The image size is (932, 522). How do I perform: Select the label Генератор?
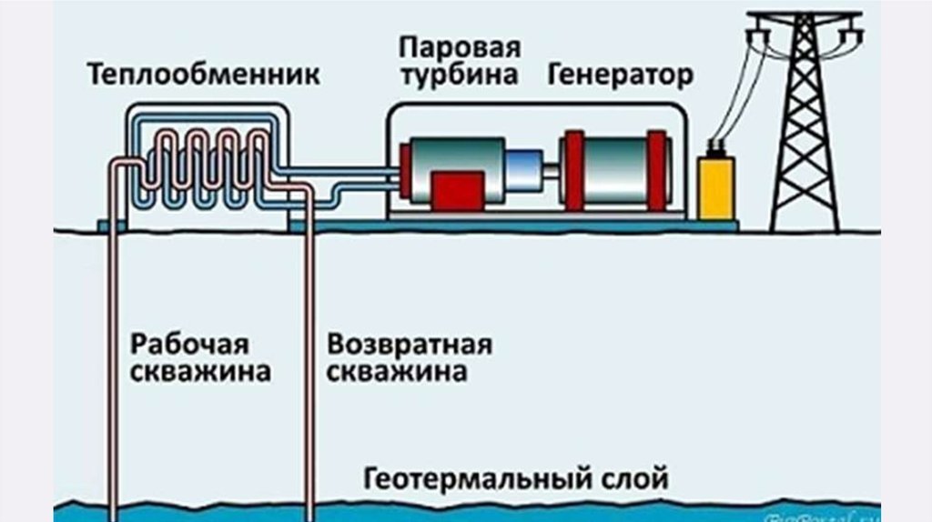(620, 75)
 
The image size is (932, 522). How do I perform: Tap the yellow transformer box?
(716, 187)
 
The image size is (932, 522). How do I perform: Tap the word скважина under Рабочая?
(201, 372)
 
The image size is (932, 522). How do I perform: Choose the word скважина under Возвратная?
(397, 372)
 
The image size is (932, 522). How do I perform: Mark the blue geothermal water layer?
(455, 511)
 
